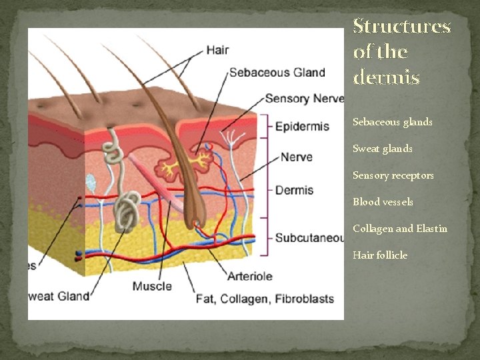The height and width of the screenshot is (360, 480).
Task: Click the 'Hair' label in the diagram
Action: (x=217, y=49)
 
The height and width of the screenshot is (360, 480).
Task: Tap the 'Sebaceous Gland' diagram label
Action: (x=277, y=73)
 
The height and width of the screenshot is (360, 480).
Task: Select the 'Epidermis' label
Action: (x=302, y=126)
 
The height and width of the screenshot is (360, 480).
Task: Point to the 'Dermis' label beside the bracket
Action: (x=294, y=190)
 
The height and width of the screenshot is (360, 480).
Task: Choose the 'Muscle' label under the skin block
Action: (x=152, y=286)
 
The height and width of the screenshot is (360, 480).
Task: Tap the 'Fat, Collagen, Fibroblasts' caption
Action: (x=265, y=299)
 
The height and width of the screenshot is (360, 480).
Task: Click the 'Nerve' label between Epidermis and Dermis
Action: (x=296, y=157)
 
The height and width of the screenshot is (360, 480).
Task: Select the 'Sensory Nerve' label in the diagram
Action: (x=304, y=99)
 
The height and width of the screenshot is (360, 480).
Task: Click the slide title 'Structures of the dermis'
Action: (x=402, y=52)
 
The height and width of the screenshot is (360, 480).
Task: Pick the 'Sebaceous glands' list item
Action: (x=392, y=122)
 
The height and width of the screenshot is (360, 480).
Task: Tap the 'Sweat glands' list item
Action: (x=382, y=149)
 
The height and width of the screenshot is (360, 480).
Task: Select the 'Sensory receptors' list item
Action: (x=393, y=175)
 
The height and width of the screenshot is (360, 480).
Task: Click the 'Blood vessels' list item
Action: (x=383, y=202)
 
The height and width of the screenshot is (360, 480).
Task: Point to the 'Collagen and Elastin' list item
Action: (x=399, y=229)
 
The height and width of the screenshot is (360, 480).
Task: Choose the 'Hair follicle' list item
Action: (x=379, y=255)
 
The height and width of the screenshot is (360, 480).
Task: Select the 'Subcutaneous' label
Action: (x=309, y=237)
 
